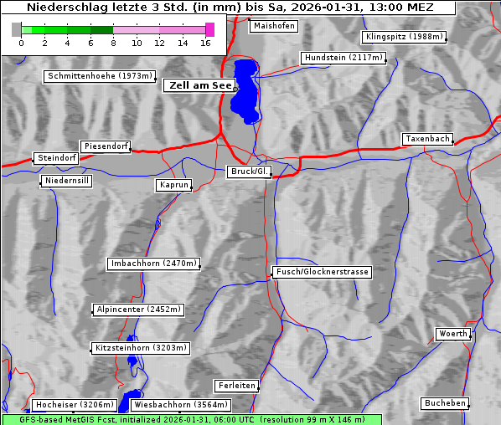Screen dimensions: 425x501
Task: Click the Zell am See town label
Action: [x=200, y=85]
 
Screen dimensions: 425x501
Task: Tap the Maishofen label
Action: [x=273, y=26]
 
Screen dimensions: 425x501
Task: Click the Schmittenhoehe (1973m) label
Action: [x=100, y=76]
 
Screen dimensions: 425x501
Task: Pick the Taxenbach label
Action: [x=427, y=139]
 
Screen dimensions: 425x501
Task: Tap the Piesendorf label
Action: [x=106, y=146]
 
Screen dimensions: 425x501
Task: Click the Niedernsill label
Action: [x=67, y=182]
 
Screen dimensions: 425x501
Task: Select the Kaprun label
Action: [x=174, y=185]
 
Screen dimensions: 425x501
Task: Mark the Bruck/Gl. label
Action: [x=250, y=172]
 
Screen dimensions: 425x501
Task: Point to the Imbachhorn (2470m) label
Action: [x=154, y=264]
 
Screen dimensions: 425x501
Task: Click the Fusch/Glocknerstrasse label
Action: [x=322, y=272]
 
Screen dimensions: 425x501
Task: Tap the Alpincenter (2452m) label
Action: [x=138, y=310]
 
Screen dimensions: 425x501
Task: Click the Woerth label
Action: [x=453, y=334]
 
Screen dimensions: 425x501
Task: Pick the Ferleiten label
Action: [x=235, y=386]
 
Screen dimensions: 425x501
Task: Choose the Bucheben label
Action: [x=445, y=403]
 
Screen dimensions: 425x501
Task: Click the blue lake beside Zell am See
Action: [x=245, y=88]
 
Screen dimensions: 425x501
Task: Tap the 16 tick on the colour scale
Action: [x=205, y=43]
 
